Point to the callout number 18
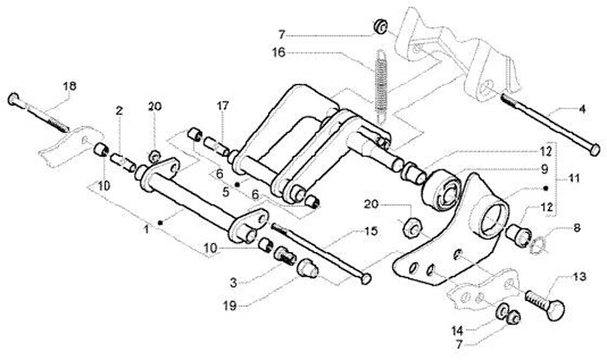coord(70,87)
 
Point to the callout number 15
coord(369,231)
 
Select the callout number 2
coord(120,110)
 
